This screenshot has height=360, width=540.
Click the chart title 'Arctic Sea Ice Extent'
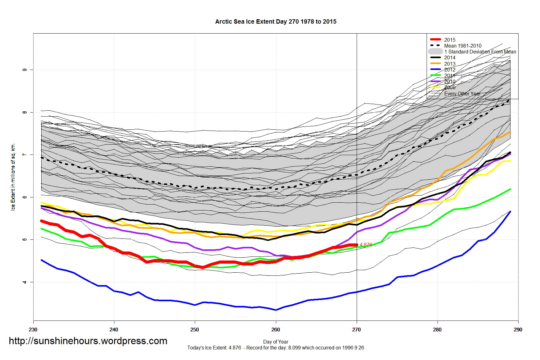point(276,22)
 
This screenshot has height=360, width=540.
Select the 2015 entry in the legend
point(450,40)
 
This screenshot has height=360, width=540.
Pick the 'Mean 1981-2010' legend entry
point(463,46)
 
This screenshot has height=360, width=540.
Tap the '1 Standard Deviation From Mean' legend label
point(480,52)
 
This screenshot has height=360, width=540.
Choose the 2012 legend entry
point(450,70)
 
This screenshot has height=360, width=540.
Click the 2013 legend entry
point(450,64)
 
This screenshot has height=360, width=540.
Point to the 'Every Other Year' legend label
point(462,94)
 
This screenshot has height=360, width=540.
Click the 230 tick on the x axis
point(33,330)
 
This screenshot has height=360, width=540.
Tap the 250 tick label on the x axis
point(195,330)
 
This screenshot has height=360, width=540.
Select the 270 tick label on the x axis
point(356,330)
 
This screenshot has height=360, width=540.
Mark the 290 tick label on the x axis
point(518,330)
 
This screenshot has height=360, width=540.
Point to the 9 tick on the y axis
point(25,70)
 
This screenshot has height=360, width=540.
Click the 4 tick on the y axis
point(25,282)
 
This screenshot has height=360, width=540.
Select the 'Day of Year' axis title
point(276,342)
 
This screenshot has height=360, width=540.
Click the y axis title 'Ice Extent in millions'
point(13,177)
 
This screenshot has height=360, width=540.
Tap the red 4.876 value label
point(366,245)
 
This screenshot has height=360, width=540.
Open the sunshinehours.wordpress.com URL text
point(88,341)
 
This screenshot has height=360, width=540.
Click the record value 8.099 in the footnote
point(294,348)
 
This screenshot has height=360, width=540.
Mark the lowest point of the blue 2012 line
point(276,310)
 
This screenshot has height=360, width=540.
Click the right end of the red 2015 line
point(357,245)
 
